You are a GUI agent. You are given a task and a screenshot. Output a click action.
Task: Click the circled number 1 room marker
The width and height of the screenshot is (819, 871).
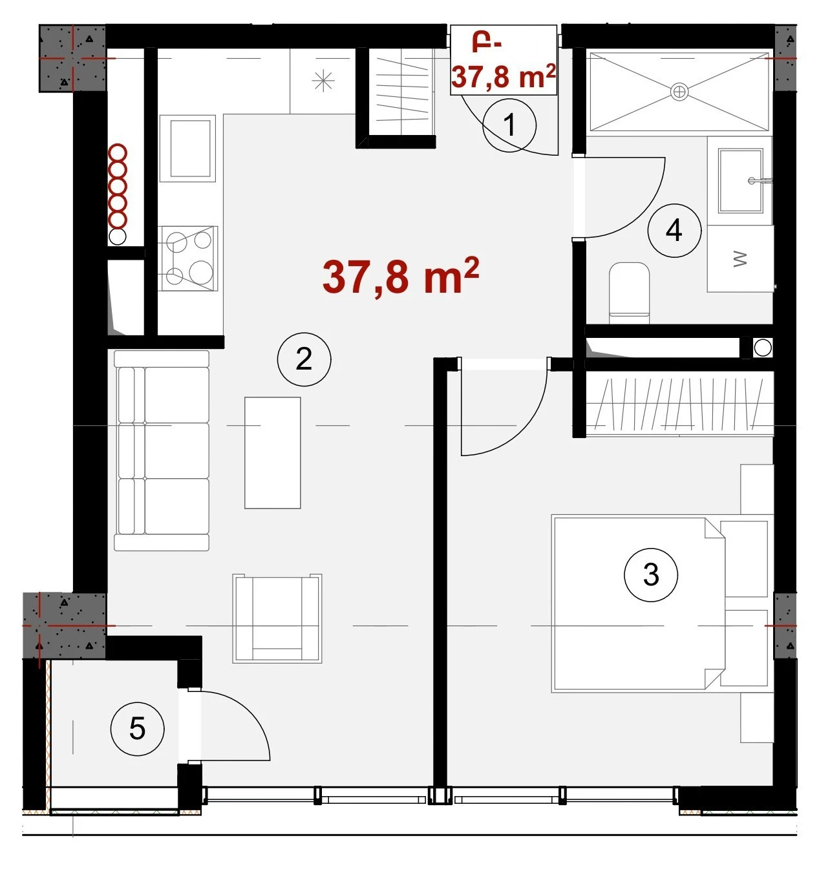tap(509, 125)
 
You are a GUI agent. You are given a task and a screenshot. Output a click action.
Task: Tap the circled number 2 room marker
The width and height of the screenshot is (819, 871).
tap(304, 359)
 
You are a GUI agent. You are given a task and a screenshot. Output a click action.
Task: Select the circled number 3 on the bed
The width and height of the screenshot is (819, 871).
tap(651, 574)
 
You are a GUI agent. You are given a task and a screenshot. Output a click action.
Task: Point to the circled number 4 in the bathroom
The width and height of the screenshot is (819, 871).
tap(674, 230)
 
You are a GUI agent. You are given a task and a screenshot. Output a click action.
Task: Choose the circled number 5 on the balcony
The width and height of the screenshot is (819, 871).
tap(138, 729)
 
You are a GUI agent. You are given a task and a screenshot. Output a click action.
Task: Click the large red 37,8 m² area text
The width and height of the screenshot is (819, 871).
tap(400, 277)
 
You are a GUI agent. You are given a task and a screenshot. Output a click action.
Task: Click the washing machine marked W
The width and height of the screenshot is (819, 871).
tap(740, 258)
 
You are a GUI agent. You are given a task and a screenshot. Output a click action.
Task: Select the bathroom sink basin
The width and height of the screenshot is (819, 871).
tap(741, 180)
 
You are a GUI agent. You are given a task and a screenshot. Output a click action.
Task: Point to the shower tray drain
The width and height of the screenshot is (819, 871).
tap(679, 92)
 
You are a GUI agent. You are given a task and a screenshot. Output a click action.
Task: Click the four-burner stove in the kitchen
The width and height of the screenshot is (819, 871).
tap(188, 258)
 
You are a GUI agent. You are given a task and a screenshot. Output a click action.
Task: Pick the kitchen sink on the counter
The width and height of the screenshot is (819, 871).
tap(187, 148)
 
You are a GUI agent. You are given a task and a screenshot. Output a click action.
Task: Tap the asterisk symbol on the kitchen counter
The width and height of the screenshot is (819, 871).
tap(323, 81)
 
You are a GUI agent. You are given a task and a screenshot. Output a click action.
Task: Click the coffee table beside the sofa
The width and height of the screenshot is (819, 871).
tap(273, 452)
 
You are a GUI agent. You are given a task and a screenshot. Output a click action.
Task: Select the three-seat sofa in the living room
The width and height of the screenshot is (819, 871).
tap(162, 450)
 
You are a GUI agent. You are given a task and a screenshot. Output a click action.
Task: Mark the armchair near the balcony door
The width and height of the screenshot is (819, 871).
tap(277, 618)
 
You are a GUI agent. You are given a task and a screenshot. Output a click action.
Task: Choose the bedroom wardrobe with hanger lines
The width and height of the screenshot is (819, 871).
tap(679, 403)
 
